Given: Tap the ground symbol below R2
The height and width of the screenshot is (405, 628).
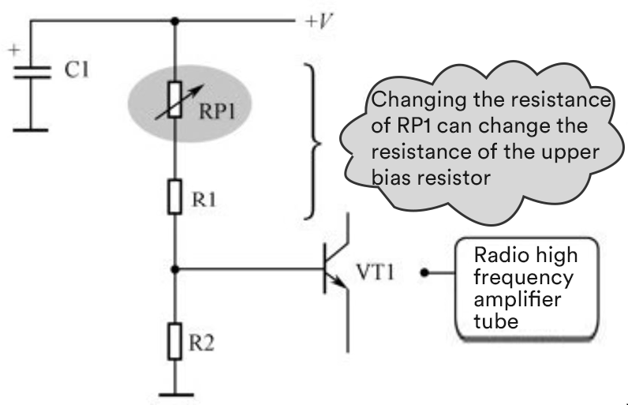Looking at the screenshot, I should point(175,393).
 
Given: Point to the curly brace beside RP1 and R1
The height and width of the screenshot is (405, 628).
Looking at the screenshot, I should point(313,142).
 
